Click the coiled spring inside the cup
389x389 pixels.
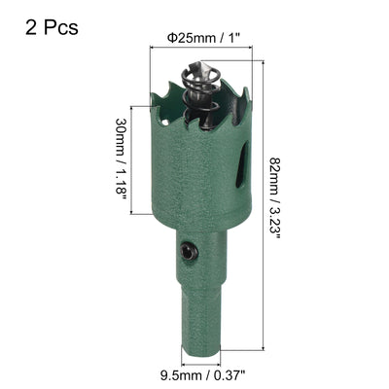[195, 97]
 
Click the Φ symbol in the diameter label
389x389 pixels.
[171, 38]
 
